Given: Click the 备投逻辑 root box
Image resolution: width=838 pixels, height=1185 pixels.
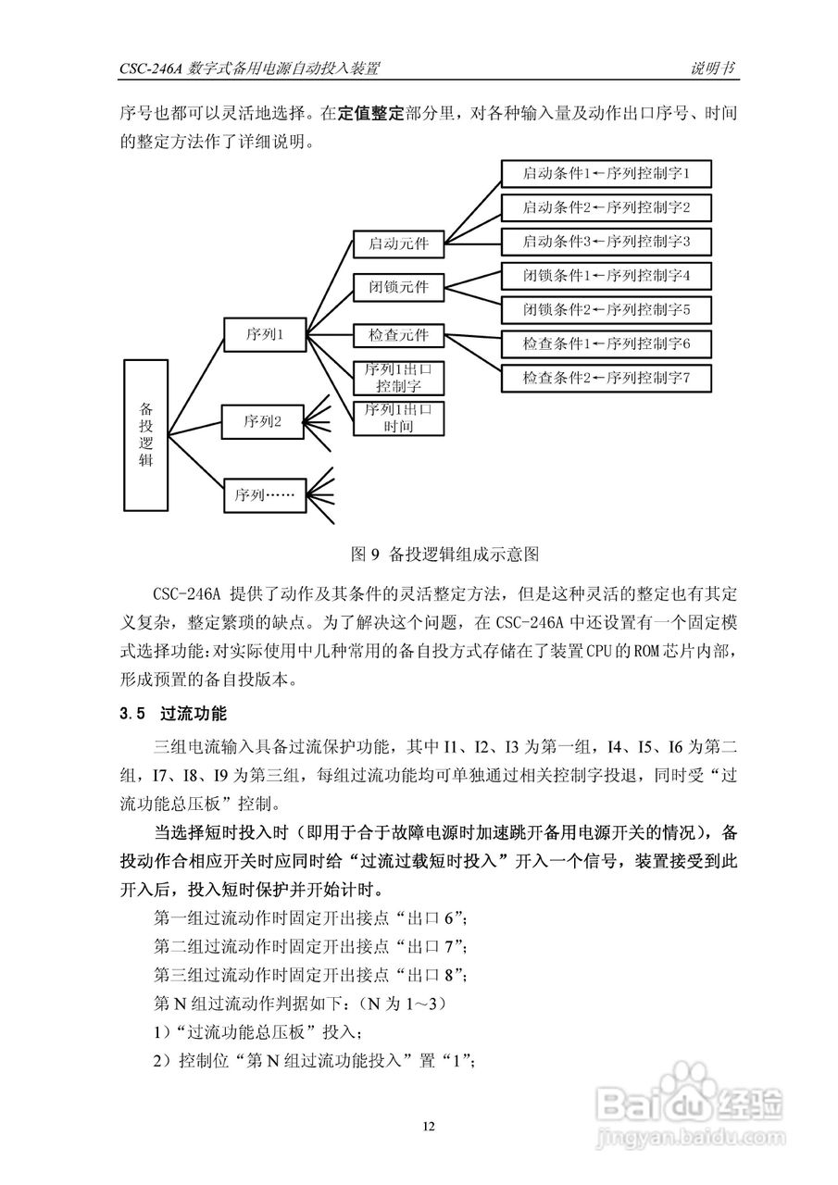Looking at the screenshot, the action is pos(145,434).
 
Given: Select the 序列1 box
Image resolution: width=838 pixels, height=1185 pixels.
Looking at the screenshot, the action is pos(263,335).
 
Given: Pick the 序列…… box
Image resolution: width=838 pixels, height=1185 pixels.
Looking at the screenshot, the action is pos(263,495).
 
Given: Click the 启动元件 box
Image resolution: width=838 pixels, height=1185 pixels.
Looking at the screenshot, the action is pos(399,244).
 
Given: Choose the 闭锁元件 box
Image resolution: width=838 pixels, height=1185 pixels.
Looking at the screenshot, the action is pos(399,287).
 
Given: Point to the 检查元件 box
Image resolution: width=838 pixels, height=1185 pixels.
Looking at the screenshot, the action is pos(399,333).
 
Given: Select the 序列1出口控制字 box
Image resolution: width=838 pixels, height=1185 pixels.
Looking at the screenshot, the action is pos(399,378).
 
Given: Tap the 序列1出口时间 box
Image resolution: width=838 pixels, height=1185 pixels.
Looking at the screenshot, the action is pos(399,418).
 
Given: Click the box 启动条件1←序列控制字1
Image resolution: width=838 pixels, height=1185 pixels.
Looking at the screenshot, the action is pos(606,173).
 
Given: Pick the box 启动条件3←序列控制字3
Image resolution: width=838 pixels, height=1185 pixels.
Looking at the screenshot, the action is pos(606,242).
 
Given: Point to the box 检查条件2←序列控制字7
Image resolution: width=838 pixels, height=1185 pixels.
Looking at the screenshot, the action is pos(606,378).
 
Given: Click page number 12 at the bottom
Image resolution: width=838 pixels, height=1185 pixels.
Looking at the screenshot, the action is pos(428,1127).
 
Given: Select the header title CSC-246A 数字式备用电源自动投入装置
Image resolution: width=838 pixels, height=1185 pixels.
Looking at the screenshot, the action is pos(250,69).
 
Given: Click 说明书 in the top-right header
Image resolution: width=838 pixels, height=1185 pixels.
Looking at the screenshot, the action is pos(713,69).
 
